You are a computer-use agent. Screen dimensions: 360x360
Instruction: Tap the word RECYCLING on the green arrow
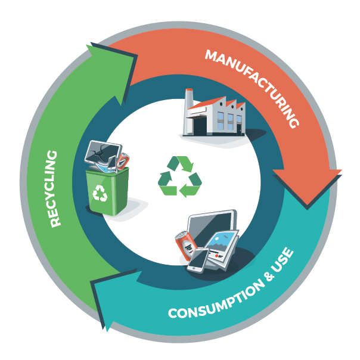(x=55, y=188)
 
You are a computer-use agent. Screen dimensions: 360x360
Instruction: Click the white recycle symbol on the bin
(x=101, y=193)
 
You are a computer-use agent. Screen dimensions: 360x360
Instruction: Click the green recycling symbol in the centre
(x=180, y=176)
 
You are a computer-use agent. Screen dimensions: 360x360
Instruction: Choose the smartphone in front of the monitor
(x=198, y=260)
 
